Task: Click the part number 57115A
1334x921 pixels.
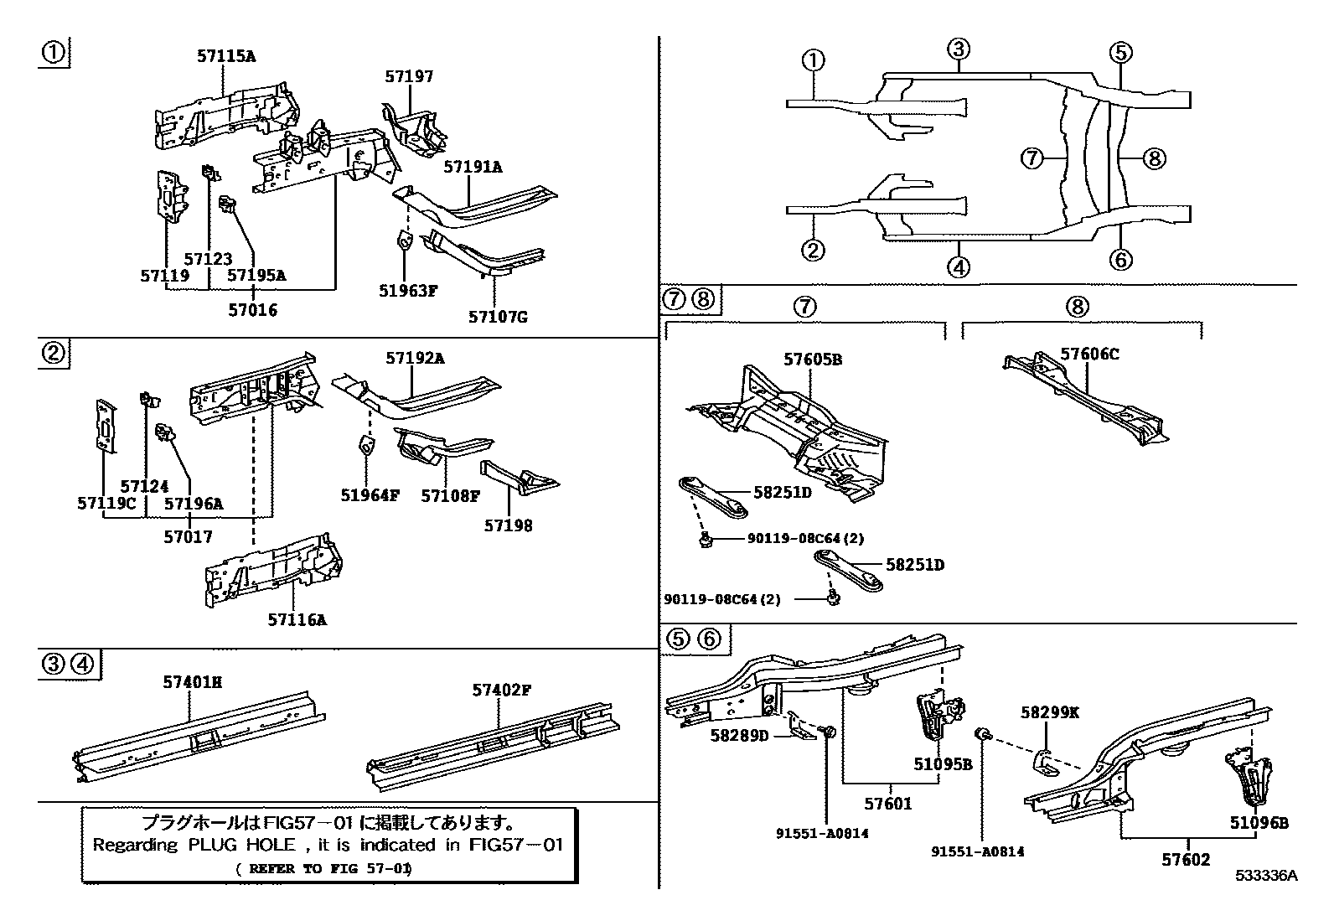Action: click(226, 57)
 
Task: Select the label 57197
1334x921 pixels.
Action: click(409, 76)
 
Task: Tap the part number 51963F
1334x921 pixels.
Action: click(408, 291)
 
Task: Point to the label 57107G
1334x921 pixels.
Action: click(498, 317)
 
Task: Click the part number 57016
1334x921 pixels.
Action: click(252, 310)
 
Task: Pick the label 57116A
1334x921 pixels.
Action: click(297, 620)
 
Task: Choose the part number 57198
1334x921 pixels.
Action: click(508, 525)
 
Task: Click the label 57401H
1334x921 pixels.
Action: click(192, 682)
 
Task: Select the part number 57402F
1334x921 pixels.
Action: click(502, 690)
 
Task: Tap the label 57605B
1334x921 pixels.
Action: click(812, 360)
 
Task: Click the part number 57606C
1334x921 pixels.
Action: click(1089, 354)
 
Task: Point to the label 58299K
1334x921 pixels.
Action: click(1049, 712)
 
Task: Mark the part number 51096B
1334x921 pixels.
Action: click(1259, 823)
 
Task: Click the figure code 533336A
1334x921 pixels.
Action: click(1265, 876)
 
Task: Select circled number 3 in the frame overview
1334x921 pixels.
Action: click(959, 49)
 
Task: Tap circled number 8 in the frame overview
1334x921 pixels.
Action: click(1154, 158)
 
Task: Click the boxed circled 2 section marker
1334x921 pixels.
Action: click(54, 353)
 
